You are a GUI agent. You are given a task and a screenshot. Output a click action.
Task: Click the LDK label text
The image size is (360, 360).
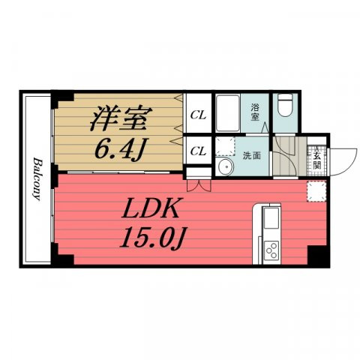151,208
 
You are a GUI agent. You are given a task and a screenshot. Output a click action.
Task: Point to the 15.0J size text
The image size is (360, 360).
152,237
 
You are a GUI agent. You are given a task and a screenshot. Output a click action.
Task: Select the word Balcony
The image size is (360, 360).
37,179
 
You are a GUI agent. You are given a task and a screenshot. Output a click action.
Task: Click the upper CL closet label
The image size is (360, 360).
198,115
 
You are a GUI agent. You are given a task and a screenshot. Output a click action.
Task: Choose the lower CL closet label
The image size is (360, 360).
198,151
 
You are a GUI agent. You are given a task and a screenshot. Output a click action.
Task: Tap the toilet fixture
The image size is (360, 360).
286,105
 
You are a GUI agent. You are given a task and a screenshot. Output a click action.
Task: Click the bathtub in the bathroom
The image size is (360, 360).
228,113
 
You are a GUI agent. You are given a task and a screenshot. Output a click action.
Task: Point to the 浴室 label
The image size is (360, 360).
255,112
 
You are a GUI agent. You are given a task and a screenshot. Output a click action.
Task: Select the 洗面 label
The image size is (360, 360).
252,156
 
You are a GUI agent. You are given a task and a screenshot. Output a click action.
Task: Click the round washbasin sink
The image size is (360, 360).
226,166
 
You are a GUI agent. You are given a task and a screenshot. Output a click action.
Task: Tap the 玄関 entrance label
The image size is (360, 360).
316,158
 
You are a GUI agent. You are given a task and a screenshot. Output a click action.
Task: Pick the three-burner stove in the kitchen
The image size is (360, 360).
271,250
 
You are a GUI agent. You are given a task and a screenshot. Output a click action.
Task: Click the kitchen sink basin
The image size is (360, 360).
271,218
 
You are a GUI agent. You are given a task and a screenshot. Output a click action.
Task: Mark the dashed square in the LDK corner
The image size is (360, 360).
316,191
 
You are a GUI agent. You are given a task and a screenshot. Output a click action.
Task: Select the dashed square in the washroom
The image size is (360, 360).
225,146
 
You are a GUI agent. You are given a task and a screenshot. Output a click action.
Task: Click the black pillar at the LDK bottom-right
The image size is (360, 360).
317,256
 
